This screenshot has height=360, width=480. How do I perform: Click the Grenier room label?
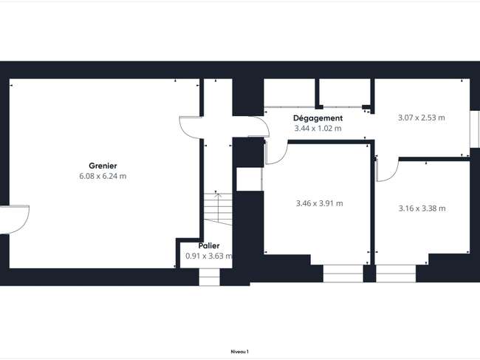[103, 166]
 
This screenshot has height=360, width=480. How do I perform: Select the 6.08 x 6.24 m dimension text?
[103, 176]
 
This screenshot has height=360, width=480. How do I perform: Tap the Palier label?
[209, 245]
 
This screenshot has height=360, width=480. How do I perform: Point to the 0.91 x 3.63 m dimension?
[209, 256]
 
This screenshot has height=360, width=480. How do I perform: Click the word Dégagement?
[318, 118]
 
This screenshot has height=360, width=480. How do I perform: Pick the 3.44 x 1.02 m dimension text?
[318, 129]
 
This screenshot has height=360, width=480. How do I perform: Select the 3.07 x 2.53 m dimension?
[422, 118]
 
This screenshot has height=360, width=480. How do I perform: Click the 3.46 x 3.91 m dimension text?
[320, 203]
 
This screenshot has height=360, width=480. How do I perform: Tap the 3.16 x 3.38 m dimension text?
[422, 208]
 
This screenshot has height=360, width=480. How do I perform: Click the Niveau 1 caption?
[240, 352]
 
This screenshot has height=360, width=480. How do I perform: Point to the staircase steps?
[219, 209]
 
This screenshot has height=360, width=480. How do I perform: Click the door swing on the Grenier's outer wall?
[16, 220]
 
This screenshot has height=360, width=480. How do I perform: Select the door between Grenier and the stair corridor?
[191, 127]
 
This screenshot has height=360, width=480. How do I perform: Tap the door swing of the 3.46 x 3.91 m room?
[276, 152]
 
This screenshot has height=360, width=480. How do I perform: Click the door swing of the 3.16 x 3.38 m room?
[387, 169]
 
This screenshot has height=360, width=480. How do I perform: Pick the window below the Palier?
[210, 277]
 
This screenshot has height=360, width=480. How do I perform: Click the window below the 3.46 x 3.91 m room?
[343, 274]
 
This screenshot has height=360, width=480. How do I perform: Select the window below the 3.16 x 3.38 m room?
[396, 274]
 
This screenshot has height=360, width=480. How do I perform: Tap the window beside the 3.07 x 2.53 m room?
[475, 129]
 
